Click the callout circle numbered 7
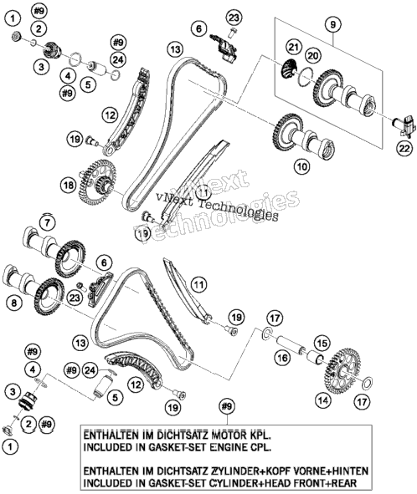[47, 223]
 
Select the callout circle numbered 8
[14, 303]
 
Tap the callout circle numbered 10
[302, 166]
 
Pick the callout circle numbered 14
[322, 400]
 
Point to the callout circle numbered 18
[69, 185]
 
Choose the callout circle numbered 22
[404, 148]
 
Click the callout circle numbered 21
[294, 48]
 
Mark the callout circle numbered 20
[312, 56]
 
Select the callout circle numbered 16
[282, 358]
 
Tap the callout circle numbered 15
[322, 343]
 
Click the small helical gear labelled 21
[288, 70]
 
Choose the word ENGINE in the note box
[224, 447]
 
